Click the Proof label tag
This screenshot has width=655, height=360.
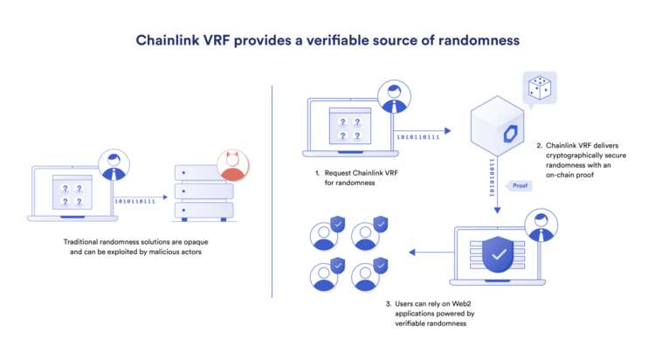pos(519,185)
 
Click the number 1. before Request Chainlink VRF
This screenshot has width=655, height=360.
pos(318,173)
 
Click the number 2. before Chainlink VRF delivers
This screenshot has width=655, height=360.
pos(540,144)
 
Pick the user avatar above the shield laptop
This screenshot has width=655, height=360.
pos(541,225)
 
